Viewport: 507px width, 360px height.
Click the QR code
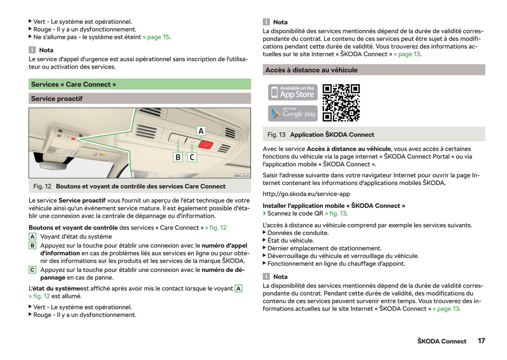341,103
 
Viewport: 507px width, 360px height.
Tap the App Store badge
293,92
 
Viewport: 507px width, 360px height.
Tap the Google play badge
293,113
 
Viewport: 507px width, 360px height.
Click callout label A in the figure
201,131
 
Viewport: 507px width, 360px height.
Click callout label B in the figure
178,157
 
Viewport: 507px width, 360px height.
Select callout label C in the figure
192,157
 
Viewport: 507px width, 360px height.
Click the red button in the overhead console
205,145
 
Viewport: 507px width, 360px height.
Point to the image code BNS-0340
242,176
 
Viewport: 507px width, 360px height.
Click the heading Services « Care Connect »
74,84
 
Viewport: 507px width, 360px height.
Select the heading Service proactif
57,99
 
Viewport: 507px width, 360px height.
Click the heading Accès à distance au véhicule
311,70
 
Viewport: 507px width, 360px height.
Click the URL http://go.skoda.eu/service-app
306,194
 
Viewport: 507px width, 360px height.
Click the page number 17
481,341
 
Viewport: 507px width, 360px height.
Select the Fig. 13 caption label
276,135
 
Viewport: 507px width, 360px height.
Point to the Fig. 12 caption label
42,186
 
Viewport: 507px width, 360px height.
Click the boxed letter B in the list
32,246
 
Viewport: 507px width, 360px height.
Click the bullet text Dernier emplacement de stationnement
324,248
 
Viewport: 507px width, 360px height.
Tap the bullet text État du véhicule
291,241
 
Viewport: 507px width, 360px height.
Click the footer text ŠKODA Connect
442,341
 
